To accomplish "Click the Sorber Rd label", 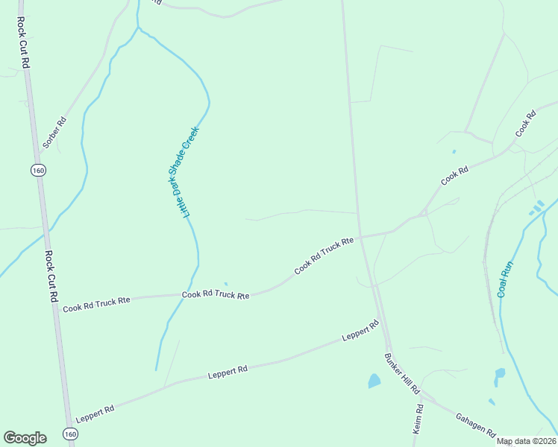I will click(54, 133).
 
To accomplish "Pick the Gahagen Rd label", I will click(475, 422).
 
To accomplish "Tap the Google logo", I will click(25, 437).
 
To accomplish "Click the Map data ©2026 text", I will click(526, 441).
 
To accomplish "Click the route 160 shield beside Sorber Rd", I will click(37, 171).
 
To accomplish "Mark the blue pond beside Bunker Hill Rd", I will click(374, 381).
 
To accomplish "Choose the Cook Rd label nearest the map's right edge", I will click(526, 124).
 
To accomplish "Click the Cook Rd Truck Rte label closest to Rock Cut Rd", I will click(97, 304).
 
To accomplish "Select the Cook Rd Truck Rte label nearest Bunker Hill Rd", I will click(323, 256).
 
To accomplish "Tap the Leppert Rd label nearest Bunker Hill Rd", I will click(361, 331).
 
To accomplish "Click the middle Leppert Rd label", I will click(228, 371).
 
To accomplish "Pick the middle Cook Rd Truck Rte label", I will click(216, 295).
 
